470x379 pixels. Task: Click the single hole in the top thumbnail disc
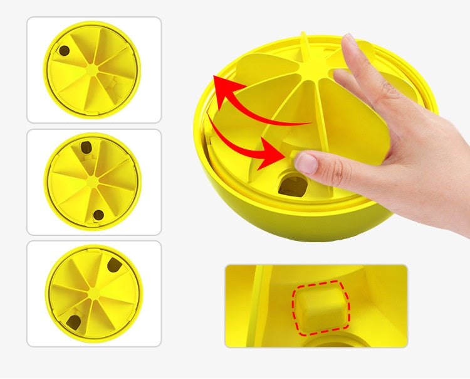tap(63, 50)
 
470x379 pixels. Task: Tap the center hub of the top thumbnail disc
tap(93, 68)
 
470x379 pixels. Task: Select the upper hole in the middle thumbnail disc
tap(86, 148)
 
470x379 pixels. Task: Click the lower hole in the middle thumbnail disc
tap(98, 215)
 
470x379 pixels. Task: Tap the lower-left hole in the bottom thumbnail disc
tap(73, 323)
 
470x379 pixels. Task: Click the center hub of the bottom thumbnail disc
tap(93, 293)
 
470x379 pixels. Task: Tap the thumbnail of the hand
tap(306, 163)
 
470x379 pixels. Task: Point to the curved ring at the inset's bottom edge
tap(338, 341)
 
